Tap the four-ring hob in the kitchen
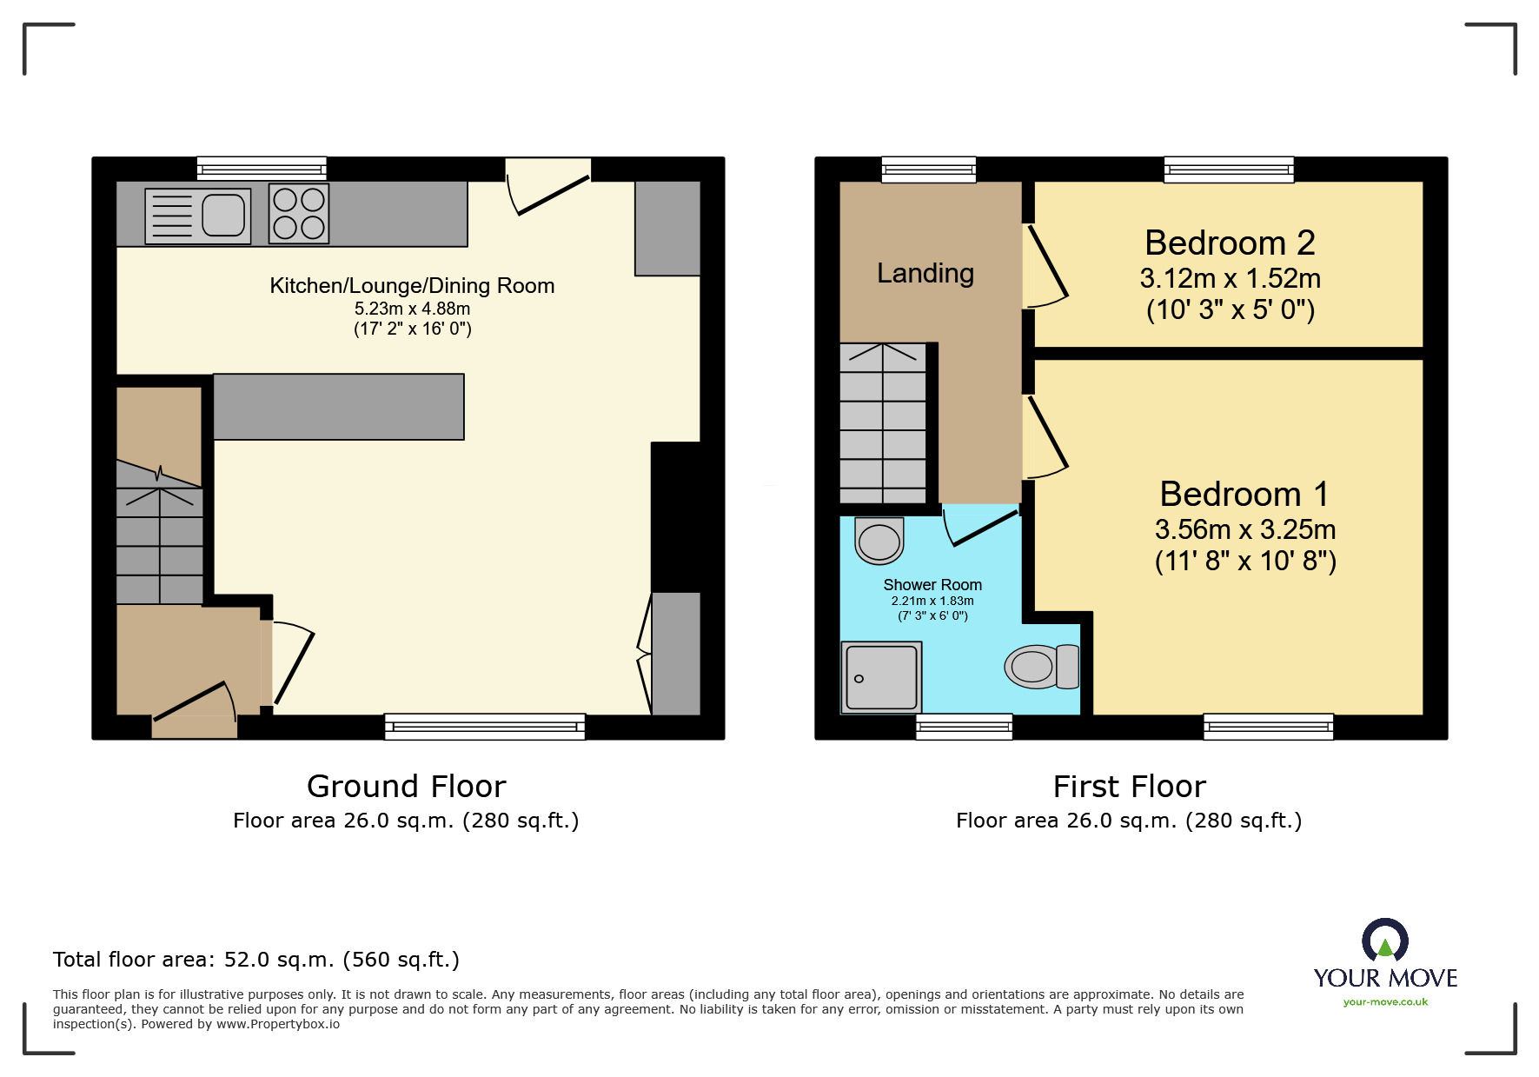(299, 213)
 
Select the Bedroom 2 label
(1230, 243)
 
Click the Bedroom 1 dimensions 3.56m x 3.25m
(1244, 529)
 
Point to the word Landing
(925, 273)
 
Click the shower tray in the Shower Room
(881, 677)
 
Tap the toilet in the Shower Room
(1041, 667)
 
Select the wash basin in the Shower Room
(879, 541)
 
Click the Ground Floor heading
(406, 787)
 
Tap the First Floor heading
(1129, 787)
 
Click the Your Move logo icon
(1385, 941)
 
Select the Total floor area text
(255, 960)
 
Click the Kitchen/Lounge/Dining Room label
(412, 286)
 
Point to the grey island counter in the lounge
(338, 407)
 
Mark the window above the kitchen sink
(262, 168)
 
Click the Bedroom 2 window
(1229, 169)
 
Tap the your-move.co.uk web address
(1385, 1002)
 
